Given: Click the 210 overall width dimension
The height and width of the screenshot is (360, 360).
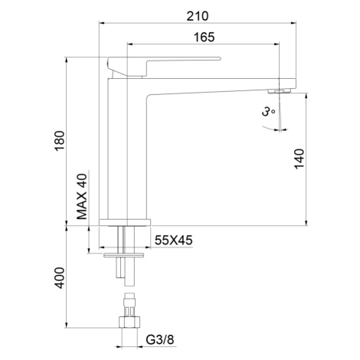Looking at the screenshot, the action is pyautogui.click(x=198, y=16).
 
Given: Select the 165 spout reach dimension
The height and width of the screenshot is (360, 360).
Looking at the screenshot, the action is pyautogui.click(x=204, y=38).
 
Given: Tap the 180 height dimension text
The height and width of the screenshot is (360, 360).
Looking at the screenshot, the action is pyautogui.click(x=60, y=141).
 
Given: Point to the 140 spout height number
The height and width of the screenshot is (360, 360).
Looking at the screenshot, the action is pyautogui.click(x=299, y=159).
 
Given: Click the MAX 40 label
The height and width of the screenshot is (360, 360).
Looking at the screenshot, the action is pyautogui.click(x=82, y=197).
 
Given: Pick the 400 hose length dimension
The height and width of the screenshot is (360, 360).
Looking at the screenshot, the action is pyautogui.click(x=60, y=278).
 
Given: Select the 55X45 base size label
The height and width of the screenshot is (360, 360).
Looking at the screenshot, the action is pyautogui.click(x=174, y=240).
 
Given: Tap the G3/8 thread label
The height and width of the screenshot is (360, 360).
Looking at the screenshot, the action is pyautogui.click(x=160, y=339).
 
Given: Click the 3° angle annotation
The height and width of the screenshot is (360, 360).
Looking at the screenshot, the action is pyautogui.click(x=268, y=112).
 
